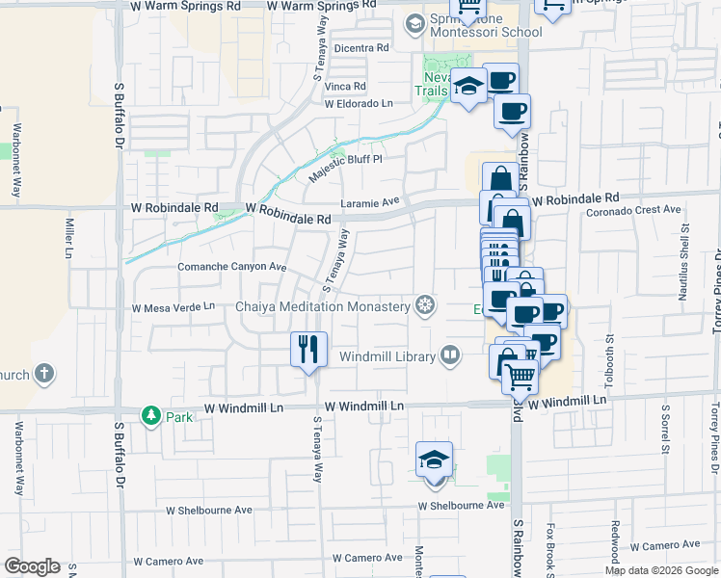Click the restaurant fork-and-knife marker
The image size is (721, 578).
(308, 349)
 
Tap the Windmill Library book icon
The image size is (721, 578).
(450, 356)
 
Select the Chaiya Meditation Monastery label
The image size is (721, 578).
(323, 306)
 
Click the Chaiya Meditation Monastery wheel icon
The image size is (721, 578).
(424, 306)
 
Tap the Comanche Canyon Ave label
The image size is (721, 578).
(232, 267)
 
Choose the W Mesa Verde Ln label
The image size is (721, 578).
(174, 307)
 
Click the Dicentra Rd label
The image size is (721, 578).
(360, 47)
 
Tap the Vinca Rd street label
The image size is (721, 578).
(345, 87)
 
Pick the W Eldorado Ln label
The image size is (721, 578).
(359, 103)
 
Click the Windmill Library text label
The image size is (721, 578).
(385, 356)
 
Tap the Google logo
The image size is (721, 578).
(32, 566)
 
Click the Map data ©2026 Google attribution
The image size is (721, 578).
(660, 570)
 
